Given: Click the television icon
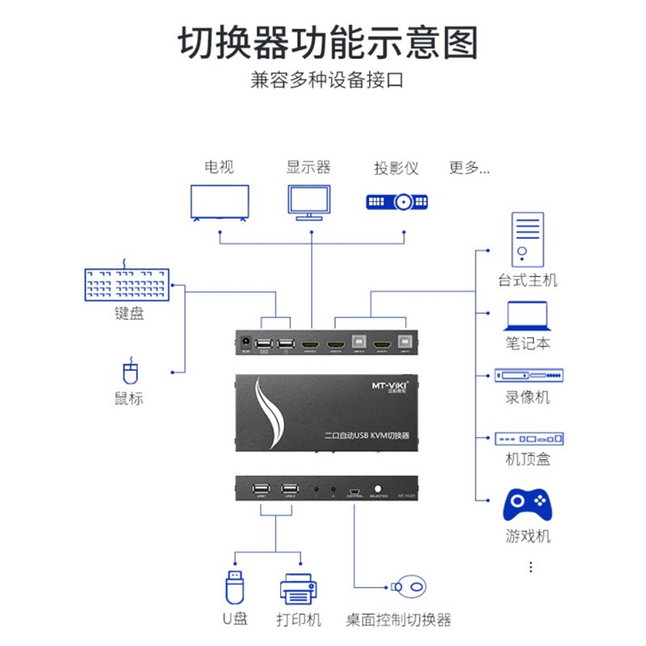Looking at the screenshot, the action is point(220,201).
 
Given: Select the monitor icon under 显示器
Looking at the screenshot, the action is point(309,202).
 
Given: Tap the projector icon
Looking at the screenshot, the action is point(396,201).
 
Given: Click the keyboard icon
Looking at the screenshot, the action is point(128,284).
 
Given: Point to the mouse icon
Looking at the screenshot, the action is point(130,372).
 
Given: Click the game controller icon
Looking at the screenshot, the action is point(527,505).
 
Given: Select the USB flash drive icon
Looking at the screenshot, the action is point(234,586).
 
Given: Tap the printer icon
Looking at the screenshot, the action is point(300,588).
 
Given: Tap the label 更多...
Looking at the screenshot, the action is point(469,168).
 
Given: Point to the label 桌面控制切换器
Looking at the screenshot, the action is point(398,620).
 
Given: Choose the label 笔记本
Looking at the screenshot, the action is point(528,342).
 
